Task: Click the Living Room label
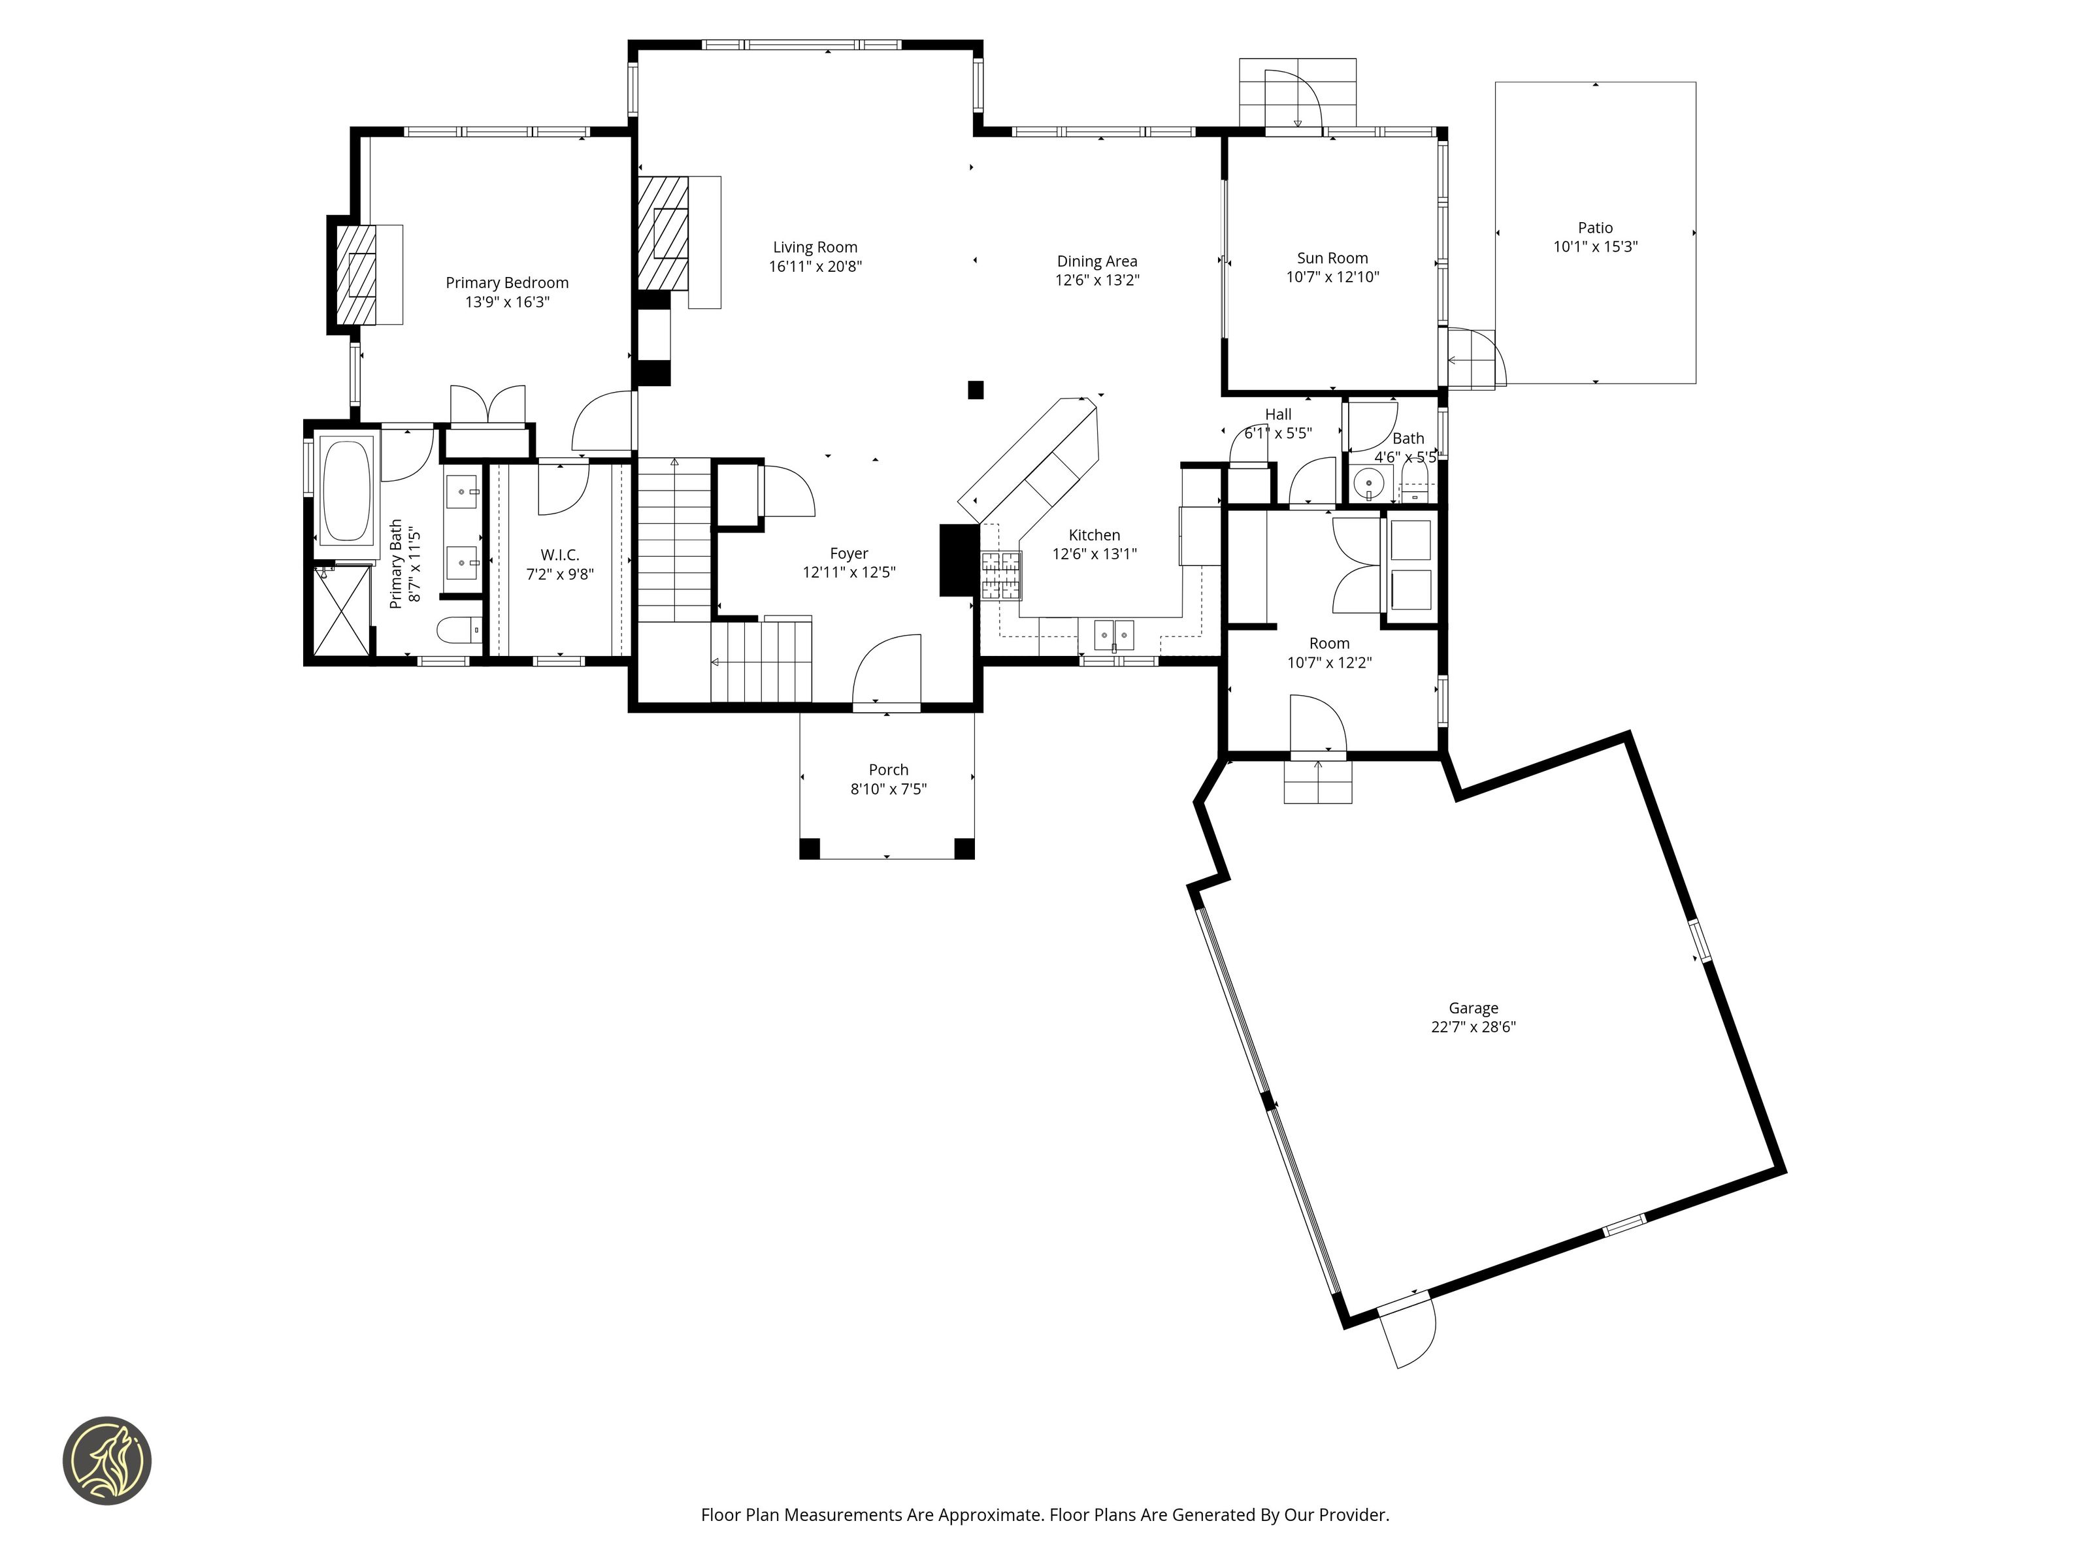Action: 815,248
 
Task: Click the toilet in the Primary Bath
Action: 459,629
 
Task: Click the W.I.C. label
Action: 559,555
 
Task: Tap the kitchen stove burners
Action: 1001,576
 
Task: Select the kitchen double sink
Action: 1113,634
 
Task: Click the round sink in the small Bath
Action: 1368,483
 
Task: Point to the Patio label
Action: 1595,228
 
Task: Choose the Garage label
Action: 1473,1009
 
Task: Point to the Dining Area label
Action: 1096,262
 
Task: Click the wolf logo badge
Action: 107,1460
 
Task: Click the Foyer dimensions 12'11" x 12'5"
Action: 849,572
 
